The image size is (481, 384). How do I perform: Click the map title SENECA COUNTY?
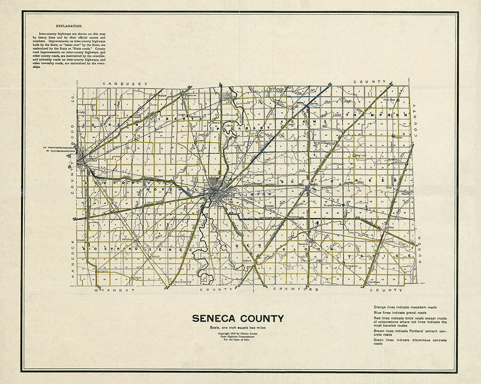click(238, 318)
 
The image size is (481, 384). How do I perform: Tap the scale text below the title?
click(238, 327)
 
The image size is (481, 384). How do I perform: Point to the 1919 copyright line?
click(238, 333)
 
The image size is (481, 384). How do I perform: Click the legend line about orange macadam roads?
click(408, 307)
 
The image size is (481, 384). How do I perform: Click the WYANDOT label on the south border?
click(112, 290)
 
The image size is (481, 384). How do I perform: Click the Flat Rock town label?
click(389, 100)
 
